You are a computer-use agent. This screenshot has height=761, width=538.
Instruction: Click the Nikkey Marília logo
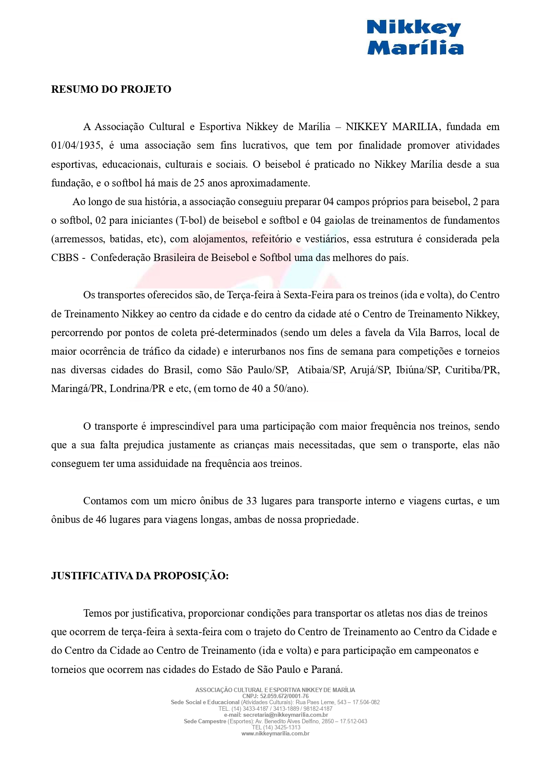click(415, 38)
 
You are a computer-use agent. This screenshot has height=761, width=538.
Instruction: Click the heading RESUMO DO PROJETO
click(111, 89)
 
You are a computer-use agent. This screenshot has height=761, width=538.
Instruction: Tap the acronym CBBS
click(65, 258)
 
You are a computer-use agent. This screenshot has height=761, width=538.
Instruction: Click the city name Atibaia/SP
click(321, 370)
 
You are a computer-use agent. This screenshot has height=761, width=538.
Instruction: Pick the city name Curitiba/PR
click(472, 370)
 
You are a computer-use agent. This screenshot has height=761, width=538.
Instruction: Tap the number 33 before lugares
click(251, 501)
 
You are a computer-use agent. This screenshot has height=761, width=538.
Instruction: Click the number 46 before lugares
click(101, 520)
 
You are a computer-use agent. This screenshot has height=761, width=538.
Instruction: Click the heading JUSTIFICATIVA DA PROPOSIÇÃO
click(140, 576)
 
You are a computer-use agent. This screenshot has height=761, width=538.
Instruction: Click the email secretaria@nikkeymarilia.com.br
click(285, 715)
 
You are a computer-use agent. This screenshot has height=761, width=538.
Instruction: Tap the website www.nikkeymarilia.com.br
click(275, 733)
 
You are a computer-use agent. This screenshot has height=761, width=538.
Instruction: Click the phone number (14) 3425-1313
click(282, 727)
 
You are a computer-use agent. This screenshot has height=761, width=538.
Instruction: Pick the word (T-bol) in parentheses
click(191, 221)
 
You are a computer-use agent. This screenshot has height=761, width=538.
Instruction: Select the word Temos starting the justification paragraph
click(98, 614)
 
